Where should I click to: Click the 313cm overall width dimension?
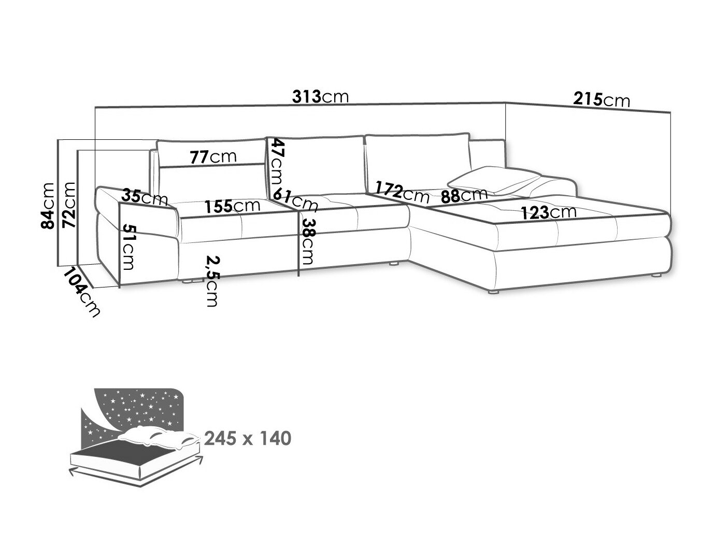coord(320,96)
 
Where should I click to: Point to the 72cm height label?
coord(69,205)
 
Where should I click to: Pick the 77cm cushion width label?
coord(213,156)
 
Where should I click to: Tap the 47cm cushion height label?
coord(277,163)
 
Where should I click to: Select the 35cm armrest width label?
coord(145,197)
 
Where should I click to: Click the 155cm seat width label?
coord(232,206)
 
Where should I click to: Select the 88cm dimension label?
coord(464,195)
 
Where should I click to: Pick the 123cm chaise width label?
coord(550,212)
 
